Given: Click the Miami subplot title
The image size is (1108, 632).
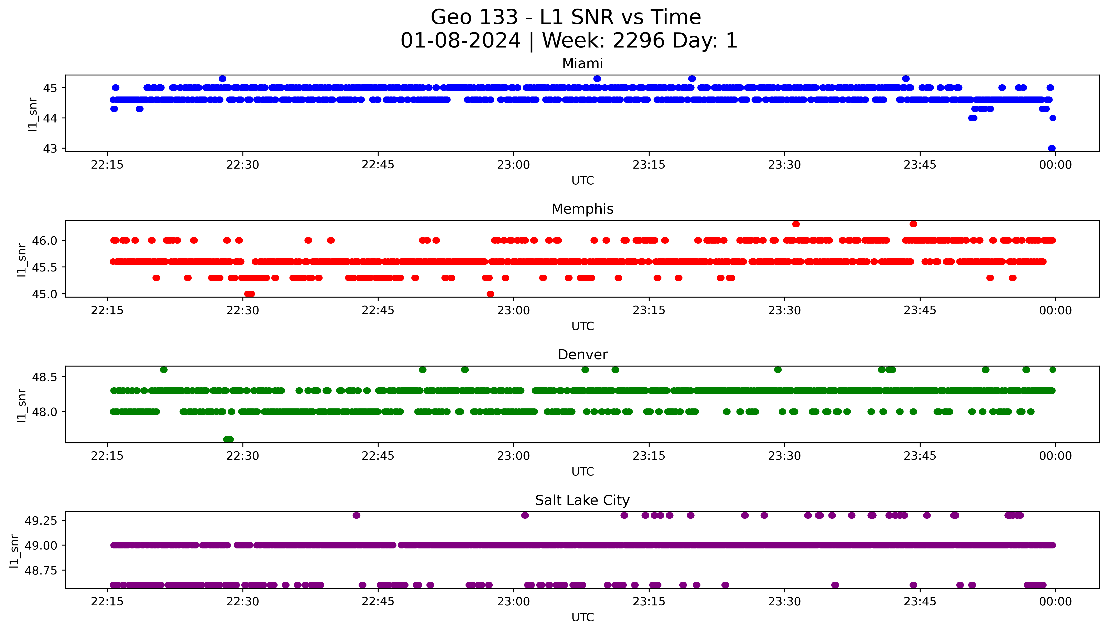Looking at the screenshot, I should pyautogui.click(x=582, y=64).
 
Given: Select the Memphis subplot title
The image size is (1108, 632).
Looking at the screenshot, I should pyautogui.click(x=582, y=209).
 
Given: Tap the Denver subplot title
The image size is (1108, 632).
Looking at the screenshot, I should pyautogui.click(x=582, y=355).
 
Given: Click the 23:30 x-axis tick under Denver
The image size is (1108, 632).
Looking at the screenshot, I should pyautogui.click(x=784, y=456).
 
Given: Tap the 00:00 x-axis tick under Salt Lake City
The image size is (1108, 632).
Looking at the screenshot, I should pyautogui.click(x=1055, y=602).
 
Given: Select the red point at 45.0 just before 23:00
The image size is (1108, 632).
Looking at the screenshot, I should pyautogui.click(x=490, y=294).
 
